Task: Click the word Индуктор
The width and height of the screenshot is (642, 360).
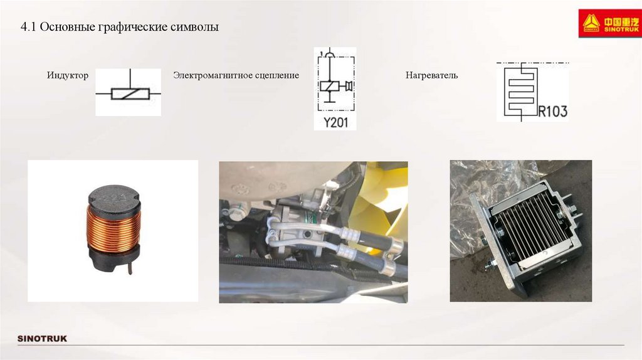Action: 68,75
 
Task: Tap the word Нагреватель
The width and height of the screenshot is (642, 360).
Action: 431,75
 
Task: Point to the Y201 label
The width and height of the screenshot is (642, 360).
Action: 336,122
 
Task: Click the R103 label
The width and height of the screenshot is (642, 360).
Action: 552,111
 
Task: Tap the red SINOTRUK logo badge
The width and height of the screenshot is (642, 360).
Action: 609,24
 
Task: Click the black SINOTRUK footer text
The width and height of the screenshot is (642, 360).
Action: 42,339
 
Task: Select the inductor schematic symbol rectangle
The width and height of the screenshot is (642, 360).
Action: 130,94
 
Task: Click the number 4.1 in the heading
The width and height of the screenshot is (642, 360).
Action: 28,27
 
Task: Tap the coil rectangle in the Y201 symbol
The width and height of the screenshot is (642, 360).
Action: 330,86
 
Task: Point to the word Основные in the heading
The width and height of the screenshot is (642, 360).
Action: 68,27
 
